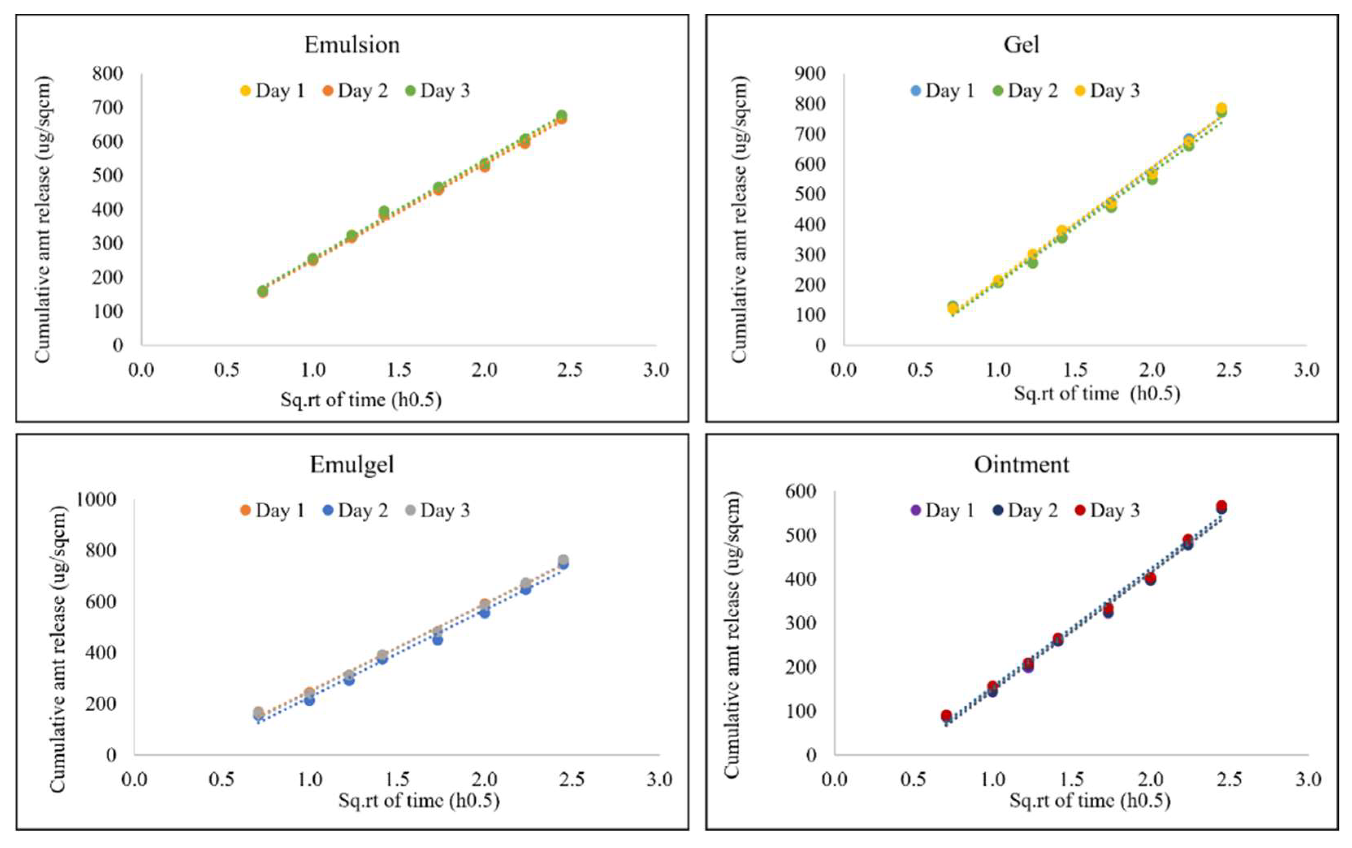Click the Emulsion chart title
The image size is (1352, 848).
click(x=352, y=45)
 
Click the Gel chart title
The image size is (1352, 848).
click(x=1021, y=45)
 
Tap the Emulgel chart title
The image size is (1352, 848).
click(x=352, y=465)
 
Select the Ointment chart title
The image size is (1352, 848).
click(x=1021, y=465)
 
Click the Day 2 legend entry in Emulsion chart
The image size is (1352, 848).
click(x=356, y=91)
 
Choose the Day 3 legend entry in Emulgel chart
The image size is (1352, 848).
click(x=438, y=510)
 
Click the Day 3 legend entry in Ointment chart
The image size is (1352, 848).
click(x=1107, y=510)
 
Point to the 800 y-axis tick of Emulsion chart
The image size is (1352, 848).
click(x=108, y=73)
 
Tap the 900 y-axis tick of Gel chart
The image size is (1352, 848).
click(x=810, y=73)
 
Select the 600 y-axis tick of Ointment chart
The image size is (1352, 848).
click(x=801, y=491)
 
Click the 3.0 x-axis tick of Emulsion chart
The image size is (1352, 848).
click(x=656, y=370)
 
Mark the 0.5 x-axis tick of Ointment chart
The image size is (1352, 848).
click(x=913, y=779)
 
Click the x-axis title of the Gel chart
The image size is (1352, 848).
click(x=1097, y=394)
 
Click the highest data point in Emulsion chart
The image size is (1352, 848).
click(x=561, y=116)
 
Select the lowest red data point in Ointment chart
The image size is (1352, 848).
click(x=946, y=715)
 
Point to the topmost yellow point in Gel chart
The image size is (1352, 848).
click(x=1221, y=108)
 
